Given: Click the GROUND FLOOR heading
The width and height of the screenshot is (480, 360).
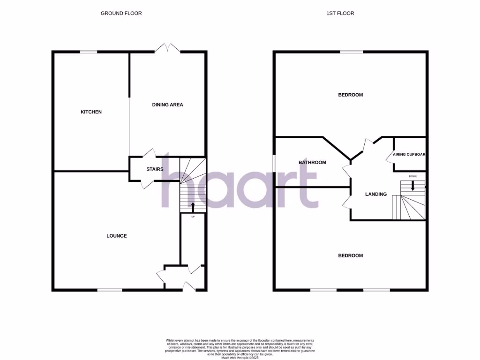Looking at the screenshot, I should (x=121, y=13).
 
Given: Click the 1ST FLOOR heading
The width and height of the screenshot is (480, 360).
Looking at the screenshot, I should (x=340, y=13).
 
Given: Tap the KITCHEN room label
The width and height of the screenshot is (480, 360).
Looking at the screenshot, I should (x=91, y=112).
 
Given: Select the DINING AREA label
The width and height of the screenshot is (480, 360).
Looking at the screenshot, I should (x=167, y=105).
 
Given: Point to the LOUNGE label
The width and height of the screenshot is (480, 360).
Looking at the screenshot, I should (x=116, y=236).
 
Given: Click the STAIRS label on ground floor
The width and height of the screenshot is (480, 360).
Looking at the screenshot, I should (x=154, y=169).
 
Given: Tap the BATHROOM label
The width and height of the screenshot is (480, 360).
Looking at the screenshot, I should (x=312, y=163).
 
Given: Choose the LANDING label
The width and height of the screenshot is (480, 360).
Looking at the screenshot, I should (x=376, y=194).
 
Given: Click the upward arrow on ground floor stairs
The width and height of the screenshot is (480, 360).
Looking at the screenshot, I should (x=193, y=206).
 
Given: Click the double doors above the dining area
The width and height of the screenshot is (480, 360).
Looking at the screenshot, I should (x=168, y=48).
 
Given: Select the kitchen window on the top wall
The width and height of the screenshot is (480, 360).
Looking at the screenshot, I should (x=88, y=52).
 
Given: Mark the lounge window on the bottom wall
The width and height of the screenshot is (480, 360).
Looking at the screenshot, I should (x=110, y=290).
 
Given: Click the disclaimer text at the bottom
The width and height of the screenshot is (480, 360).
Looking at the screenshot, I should (x=240, y=349).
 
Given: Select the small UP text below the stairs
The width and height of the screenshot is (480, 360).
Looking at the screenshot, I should (x=193, y=217).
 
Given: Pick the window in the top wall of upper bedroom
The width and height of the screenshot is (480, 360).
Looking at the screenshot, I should (x=351, y=52).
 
